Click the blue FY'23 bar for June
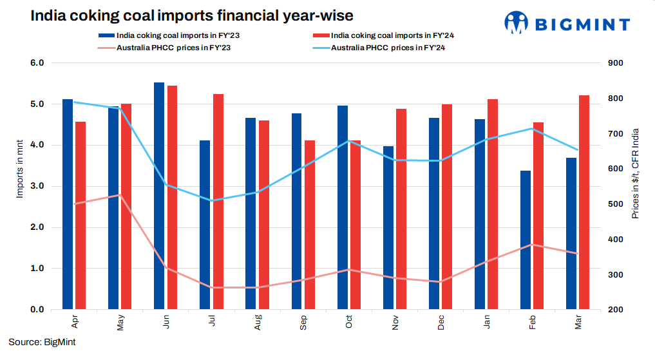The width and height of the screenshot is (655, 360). click(159, 196)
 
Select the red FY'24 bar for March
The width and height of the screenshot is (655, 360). click(584, 202)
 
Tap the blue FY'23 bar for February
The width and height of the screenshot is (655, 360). click(526, 240)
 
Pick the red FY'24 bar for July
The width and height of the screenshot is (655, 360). click(218, 202)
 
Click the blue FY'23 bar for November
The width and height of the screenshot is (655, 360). click(388, 227)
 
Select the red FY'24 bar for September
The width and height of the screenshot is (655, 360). click(310, 225)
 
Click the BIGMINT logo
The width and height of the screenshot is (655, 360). click(567, 24)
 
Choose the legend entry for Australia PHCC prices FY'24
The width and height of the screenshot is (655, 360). click(393, 48)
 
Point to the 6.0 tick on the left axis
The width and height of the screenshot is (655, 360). click(37, 63)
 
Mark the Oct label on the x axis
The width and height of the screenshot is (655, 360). click(349, 322)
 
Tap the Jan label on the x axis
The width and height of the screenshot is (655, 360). click(486, 322)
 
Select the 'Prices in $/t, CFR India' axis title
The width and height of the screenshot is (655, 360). click(635, 173)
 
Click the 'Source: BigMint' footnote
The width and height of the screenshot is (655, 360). click(42, 343)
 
